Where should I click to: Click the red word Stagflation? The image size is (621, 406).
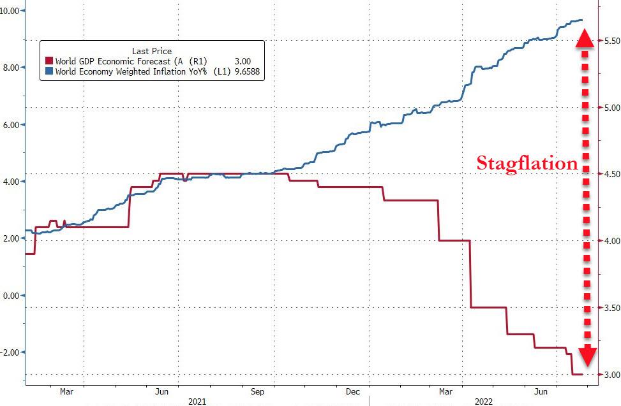point(527,163)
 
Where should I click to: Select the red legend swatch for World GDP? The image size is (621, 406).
point(49,61)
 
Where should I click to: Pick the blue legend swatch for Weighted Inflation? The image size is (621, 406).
point(49,73)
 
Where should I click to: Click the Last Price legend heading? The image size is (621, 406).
point(152,50)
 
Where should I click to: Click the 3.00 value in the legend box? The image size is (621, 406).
point(243,61)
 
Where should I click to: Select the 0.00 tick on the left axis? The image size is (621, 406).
point(13,296)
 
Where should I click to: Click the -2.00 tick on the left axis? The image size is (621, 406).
point(11,352)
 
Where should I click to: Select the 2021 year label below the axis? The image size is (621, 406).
point(197,402)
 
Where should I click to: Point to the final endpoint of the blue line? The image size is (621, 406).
point(581,20)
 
